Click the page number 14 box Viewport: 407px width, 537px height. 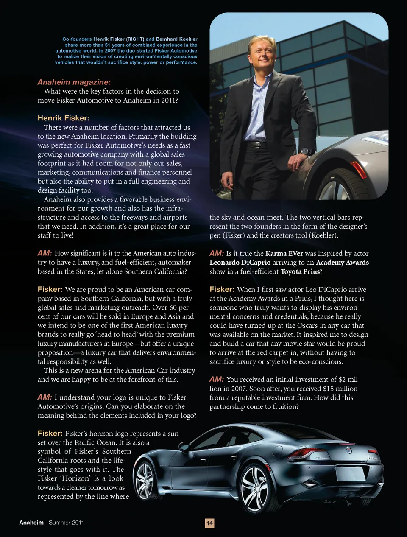click(x=209, y=523)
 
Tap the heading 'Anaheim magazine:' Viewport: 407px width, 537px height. click(x=74, y=82)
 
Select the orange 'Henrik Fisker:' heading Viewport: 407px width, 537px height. click(x=63, y=118)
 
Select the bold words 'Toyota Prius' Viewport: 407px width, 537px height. click(x=300, y=271)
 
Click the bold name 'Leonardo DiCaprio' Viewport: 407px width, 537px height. click(x=240, y=263)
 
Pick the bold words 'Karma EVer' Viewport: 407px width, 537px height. click(x=284, y=253)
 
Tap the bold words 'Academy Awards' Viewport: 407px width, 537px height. click(x=342, y=263)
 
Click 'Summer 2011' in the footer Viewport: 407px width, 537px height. click(x=66, y=523)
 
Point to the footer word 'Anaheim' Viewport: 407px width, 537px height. click(x=31, y=523)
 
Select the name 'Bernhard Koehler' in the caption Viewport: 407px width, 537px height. click(x=177, y=39)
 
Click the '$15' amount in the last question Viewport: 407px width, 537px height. click(x=328, y=389)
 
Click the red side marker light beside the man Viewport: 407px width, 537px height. click(x=359, y=170)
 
